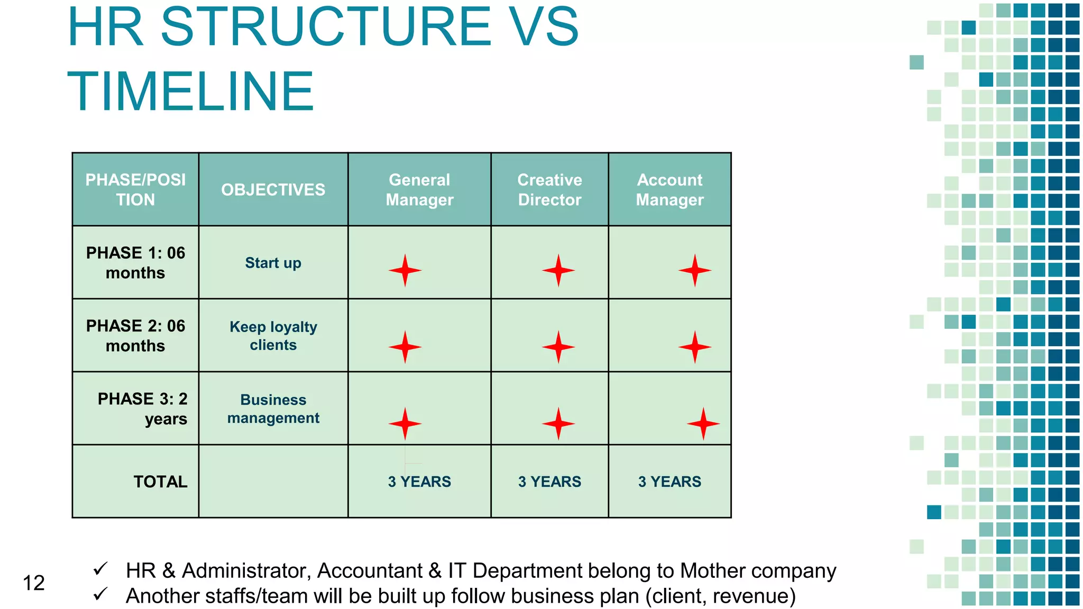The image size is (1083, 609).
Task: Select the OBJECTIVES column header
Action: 273,190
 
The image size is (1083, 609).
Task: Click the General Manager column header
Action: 419,190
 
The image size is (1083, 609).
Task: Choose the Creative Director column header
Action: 549,190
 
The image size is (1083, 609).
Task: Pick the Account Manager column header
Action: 669,190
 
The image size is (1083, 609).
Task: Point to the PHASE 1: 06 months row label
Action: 135,263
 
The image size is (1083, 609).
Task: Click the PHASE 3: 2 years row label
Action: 142,409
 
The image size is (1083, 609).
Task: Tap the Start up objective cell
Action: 273,263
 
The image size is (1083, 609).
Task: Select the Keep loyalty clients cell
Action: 273,336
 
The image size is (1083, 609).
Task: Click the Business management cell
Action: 273,409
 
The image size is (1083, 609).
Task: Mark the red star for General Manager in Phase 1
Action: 405,271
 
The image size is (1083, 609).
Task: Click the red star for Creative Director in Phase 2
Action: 558,347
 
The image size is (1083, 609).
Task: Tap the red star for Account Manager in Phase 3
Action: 703,423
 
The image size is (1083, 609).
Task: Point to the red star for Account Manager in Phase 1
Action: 695,271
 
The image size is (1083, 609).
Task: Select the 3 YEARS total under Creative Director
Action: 549,482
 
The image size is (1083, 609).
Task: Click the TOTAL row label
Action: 160,482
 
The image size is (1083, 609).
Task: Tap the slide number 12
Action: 33,583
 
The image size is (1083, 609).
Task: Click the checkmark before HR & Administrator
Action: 100,569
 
